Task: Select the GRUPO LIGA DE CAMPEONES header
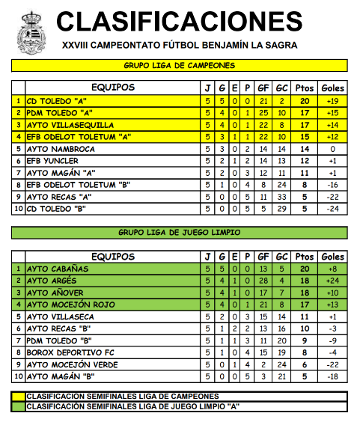coord(180,65)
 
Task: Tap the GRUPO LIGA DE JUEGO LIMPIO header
coord(180,233)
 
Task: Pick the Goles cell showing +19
coord(332,101)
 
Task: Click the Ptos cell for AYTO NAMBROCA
coord(305,149)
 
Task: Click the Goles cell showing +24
coord(332,281)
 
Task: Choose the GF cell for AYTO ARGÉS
coord(263,281)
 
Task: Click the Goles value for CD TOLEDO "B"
coord(332,209)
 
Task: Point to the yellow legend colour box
coord(18,396)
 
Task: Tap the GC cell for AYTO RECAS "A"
coord(282,197)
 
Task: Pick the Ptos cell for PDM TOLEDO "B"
coord(305,340)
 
